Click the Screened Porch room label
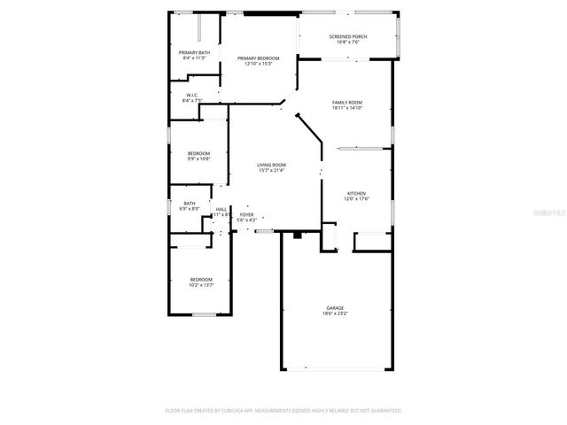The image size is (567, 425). [347, 36]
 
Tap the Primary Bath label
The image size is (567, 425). [194, 53]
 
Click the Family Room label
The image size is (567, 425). [346, 103]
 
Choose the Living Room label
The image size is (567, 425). [271, 165]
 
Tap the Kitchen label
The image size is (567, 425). [356, 194]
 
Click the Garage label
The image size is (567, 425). [333, 308]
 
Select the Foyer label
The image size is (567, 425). [246, 214]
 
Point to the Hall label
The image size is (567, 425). [221, 209]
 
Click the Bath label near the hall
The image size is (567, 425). [190, 204]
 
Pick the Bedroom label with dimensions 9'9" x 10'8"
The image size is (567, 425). [198, 154]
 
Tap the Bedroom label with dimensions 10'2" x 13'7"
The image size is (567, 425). [201, 280]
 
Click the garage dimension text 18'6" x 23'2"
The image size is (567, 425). [333, 313]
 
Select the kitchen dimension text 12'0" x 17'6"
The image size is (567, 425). [356, 199]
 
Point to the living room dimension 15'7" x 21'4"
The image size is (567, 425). [271, 170]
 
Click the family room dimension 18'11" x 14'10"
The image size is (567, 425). [346, 108]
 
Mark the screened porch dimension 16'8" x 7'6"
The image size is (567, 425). [347, 42]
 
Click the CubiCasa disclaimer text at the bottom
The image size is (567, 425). [283, 411]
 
